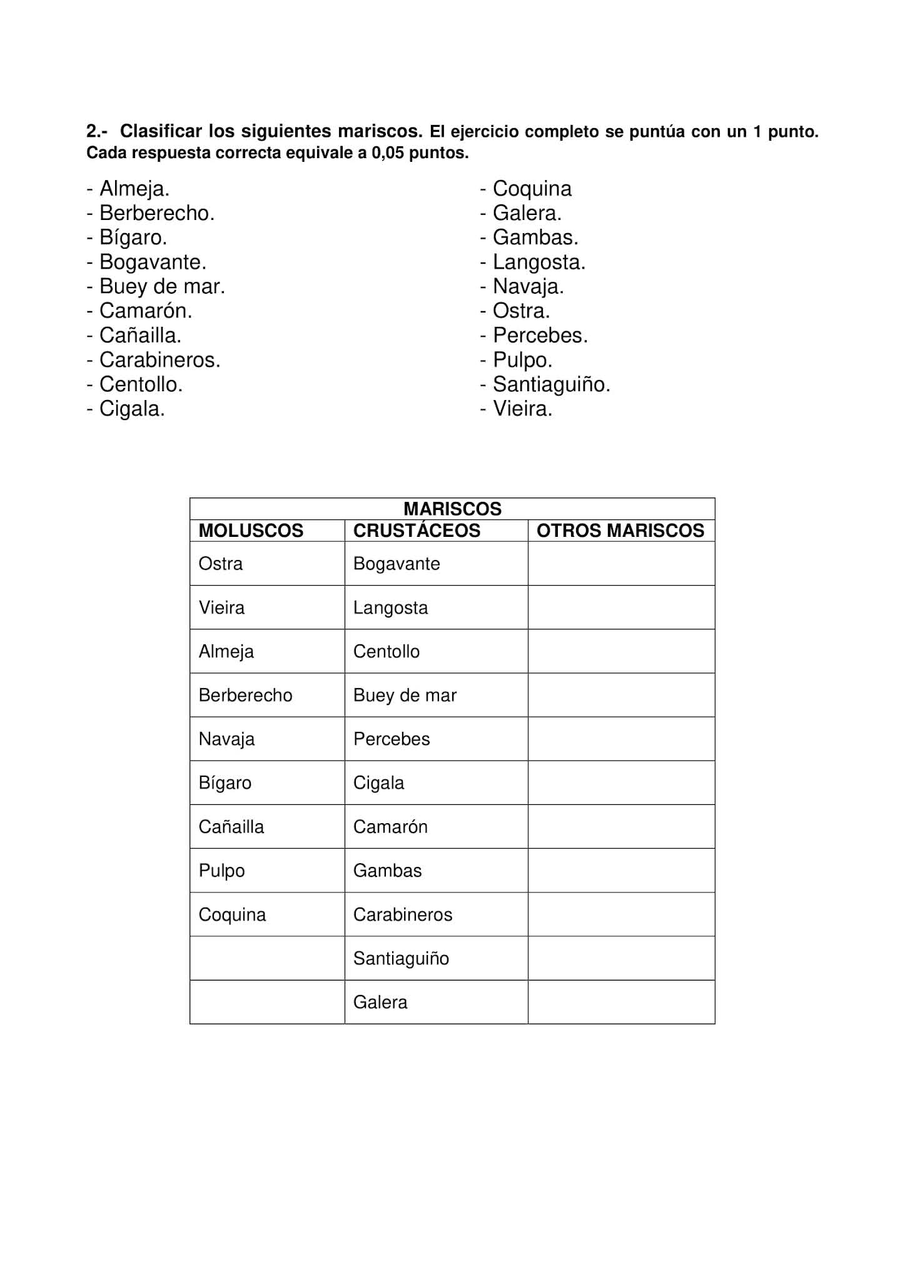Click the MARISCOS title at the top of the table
click(x=452, y=509)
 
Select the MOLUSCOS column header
click(x=251, y=531)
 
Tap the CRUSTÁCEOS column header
click(x=417, y=531)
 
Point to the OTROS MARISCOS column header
click(x=620, y=531)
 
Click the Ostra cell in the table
click(x=221, y=564)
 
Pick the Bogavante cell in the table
click(x=397, y=564)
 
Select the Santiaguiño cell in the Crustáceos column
click(x=401, y=958)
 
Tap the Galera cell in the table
click(x=380, y=1002)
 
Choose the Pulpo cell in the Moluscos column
click(x=221, y=871)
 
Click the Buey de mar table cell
click(x=405, y=695)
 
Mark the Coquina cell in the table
click(x=232, y=914)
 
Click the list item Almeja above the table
click(x=134, y=189)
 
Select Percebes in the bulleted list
click(x=540, y=336)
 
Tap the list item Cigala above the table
click(x=131, y=409)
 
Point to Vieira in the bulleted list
click(x=522, y=409)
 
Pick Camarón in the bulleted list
click(x=145, y=311)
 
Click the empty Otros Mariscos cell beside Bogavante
click(x=621, y=564)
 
